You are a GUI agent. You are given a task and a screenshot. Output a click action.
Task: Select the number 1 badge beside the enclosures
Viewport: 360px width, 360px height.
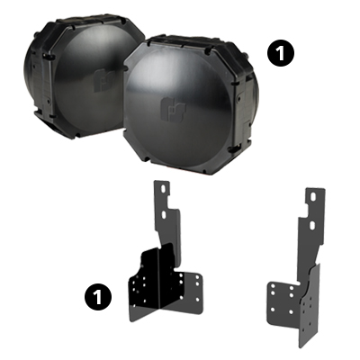[x=282, y=53]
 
